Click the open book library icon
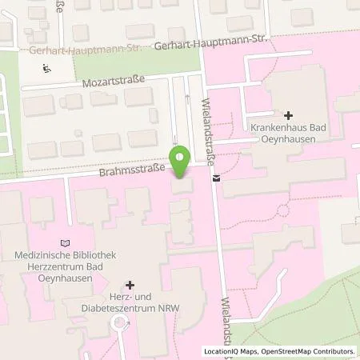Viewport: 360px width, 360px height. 66,242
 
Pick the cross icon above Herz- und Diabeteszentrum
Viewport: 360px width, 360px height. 130,285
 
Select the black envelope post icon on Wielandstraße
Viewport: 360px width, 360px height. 216,178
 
